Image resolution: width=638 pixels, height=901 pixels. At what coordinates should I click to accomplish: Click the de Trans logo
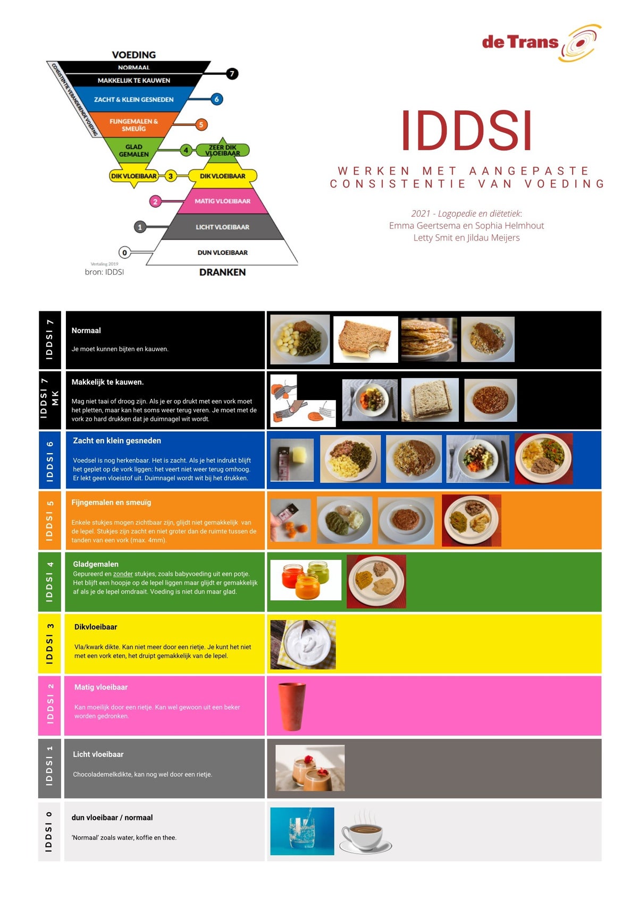541,42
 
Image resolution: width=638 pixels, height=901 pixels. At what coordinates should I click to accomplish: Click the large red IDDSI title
466,131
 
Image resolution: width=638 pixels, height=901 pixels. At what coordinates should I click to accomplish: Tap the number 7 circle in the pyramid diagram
232,74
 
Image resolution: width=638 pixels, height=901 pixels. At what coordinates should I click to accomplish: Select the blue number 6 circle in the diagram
216,99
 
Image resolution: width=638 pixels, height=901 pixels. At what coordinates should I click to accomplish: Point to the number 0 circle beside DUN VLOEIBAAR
124,252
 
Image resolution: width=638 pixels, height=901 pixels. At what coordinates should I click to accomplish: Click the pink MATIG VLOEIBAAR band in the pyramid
222,201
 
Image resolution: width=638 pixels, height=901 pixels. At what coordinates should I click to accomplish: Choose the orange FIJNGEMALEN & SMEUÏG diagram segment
134,125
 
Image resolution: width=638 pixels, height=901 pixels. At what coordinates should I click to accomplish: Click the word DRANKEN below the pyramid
222,272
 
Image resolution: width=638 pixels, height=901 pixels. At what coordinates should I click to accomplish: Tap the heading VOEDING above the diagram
134,55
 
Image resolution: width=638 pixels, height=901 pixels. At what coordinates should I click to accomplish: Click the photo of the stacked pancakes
429,339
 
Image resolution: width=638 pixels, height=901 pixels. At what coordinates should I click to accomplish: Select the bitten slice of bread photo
365,339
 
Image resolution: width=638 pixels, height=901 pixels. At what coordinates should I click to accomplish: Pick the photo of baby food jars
306,580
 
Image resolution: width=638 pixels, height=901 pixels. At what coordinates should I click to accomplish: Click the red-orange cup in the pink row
292,707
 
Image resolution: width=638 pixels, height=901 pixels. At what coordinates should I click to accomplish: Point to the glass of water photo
302,831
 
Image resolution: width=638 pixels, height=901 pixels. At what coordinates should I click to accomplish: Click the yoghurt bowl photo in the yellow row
303,644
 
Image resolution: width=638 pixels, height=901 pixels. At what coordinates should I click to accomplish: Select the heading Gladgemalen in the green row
96,564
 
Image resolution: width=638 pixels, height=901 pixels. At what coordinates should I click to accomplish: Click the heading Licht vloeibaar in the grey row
98,754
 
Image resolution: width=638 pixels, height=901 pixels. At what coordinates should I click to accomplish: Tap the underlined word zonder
123,574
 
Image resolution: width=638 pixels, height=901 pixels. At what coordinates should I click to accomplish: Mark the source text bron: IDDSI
104,272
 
